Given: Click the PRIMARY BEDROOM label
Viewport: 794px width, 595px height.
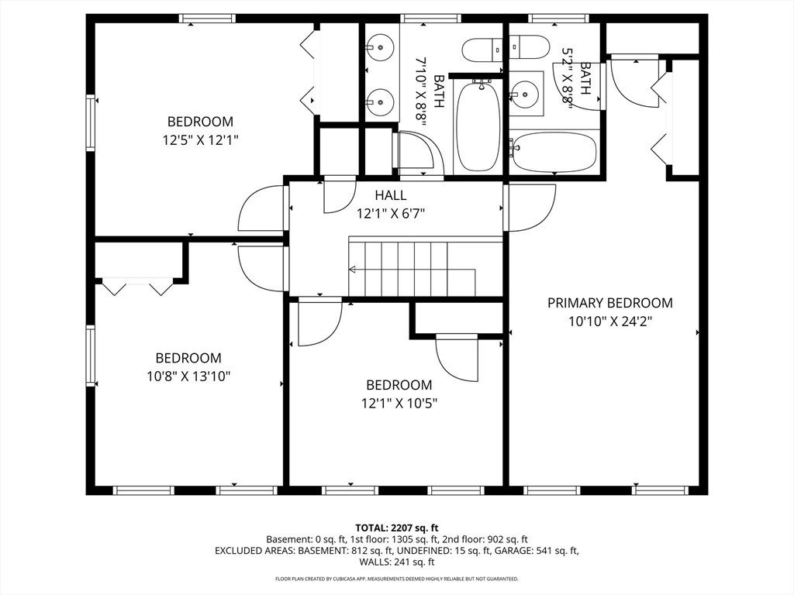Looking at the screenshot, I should tap(609, 303).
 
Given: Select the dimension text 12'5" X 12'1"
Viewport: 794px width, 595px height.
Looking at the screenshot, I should tap(200, 140).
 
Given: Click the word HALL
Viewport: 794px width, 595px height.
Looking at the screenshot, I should tap(390, 195).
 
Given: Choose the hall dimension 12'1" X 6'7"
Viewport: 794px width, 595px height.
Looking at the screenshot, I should tap(390, 213).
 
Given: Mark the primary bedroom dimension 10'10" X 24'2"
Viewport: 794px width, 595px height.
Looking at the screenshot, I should tap(609, 322).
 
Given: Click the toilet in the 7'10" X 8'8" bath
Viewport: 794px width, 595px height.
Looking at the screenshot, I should tap(483, 50).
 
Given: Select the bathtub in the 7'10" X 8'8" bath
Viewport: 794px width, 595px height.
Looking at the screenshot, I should tap(478, 126).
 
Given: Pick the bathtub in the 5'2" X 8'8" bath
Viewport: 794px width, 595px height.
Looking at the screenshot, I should tap(552, 152).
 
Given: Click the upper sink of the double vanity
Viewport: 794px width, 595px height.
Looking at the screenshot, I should tap(380, 47).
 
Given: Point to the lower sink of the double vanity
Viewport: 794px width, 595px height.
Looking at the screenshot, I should tap(380, 101).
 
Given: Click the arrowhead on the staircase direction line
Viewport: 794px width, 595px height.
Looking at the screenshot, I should tap(353, 270).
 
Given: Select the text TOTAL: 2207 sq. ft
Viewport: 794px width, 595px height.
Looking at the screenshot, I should tap(396, 527).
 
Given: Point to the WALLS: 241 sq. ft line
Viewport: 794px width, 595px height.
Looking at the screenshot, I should tap(396, 562).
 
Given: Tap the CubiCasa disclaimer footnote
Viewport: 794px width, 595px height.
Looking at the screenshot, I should tap(396, 579).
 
